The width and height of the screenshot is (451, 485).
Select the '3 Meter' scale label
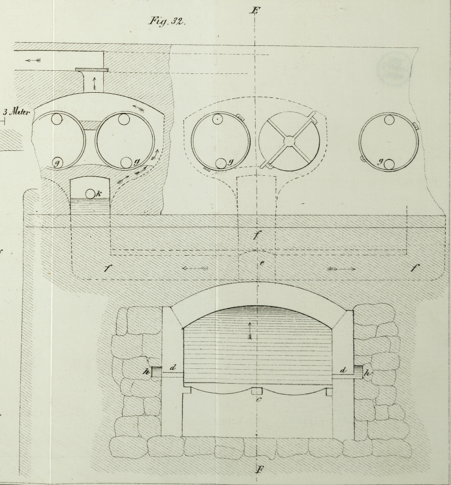(x=17, y=113)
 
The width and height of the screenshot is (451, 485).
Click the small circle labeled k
(x=90, y=194)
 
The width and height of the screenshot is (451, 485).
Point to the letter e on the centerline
(x=261, y=263)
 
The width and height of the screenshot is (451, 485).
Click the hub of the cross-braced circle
(x=289, y=139)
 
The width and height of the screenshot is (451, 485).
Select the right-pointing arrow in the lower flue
(x=342, y=268)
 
